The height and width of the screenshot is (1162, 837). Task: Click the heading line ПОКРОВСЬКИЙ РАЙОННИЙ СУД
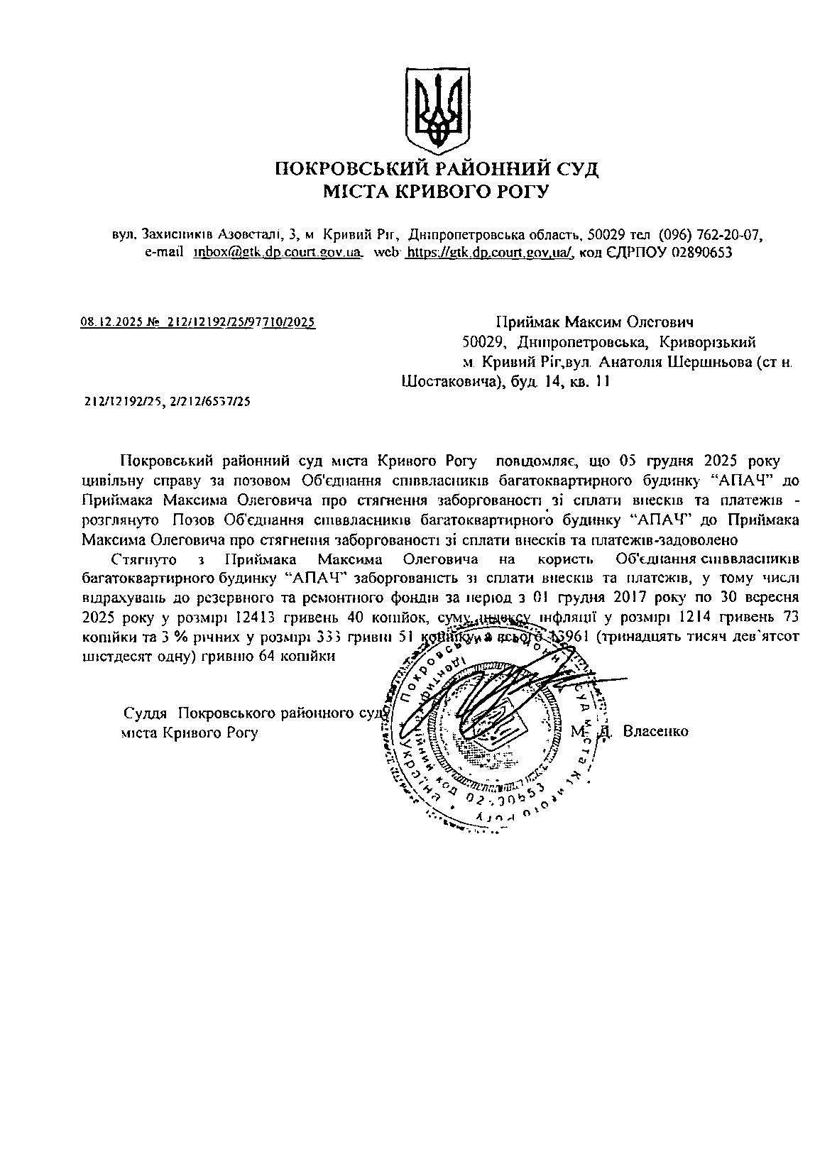437,169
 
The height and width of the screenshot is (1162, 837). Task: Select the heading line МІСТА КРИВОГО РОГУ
436,191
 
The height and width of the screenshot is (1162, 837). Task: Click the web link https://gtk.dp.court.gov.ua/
489,252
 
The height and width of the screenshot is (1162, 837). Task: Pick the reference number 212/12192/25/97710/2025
241,322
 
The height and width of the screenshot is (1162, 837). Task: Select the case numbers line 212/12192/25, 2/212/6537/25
167,402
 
